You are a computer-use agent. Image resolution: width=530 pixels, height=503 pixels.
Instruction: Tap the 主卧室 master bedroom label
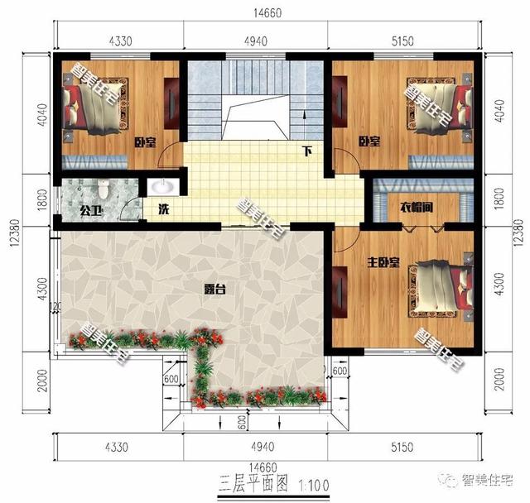click(383, 263)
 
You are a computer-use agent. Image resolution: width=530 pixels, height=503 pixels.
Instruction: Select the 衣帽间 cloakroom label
click(417, 207)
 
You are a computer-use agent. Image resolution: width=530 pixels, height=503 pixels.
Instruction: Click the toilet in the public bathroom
click(103, 188)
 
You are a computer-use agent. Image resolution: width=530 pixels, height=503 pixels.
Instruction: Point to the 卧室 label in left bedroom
click(146, 141)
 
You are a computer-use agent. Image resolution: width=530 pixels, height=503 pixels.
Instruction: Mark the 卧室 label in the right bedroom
click(369, 141)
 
